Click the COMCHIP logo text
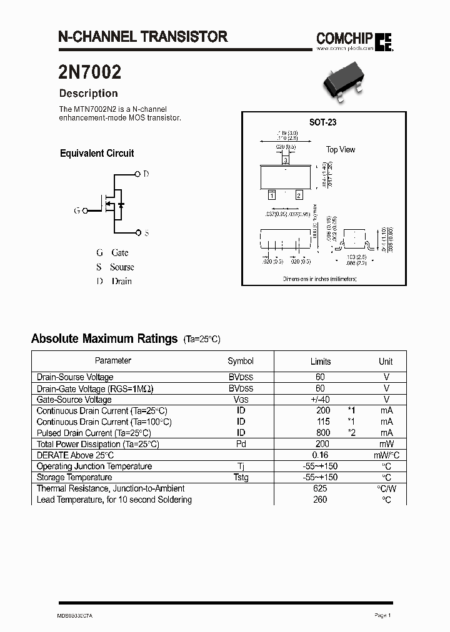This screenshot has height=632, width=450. [344, 39]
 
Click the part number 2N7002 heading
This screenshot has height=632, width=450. [89, 72]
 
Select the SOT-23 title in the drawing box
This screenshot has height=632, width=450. [322, 122]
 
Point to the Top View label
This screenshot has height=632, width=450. [341, 149]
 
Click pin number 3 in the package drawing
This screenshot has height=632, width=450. [286, 160]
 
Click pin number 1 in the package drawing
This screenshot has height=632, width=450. [272, 195]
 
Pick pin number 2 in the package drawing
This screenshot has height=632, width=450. [299, 195]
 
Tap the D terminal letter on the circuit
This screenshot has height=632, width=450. [146, 174]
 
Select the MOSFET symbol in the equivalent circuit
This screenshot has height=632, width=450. [112, 204]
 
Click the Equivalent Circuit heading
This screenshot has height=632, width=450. [97, 153]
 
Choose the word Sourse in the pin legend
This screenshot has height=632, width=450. [122, 267]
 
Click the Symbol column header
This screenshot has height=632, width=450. [241, 361]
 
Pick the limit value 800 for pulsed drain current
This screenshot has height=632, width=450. [323, 433]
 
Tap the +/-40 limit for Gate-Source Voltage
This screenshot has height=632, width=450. [321, 399]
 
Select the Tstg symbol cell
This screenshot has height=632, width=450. [241, 478]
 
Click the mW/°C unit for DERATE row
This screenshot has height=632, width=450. [387, 455]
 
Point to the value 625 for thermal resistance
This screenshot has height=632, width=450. [320, 488]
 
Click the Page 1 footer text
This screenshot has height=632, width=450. [382, 615]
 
